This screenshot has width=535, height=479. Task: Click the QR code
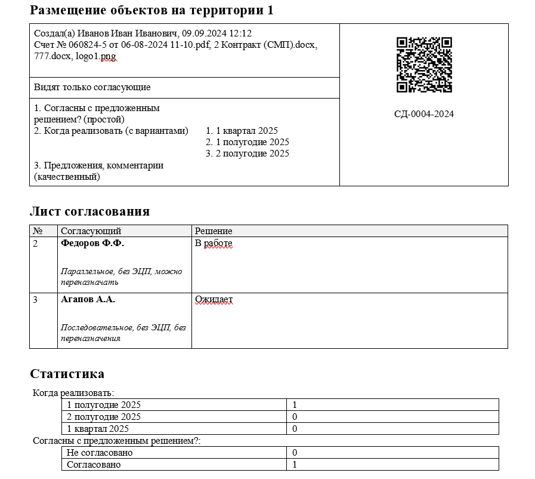tap(424, 65)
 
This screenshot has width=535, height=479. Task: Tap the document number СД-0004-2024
tap(424, 114)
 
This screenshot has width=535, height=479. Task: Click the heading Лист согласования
tap(89, 211)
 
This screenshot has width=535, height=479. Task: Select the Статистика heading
tap(67, 374)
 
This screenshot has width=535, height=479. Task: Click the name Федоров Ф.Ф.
tap(92, 244)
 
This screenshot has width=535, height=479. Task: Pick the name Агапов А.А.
tap(88, 300)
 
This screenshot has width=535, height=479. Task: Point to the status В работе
tap(214, 244)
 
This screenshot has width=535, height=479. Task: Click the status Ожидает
tap(214, 300)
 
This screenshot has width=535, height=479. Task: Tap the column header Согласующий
tap(91, 231)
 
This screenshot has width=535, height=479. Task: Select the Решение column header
tap(214, 231)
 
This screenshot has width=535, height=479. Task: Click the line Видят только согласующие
tap(92, 88)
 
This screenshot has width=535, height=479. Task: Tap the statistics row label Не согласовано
tap(100, 453)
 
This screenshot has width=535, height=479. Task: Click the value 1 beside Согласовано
tap(295, 465)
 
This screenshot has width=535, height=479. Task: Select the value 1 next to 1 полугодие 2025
tap(295, 405)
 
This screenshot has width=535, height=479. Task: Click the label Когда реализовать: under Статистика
tap(73, 393)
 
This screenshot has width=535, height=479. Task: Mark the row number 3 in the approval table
tap(35, 300)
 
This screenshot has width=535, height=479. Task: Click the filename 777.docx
tap(51, 56)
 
